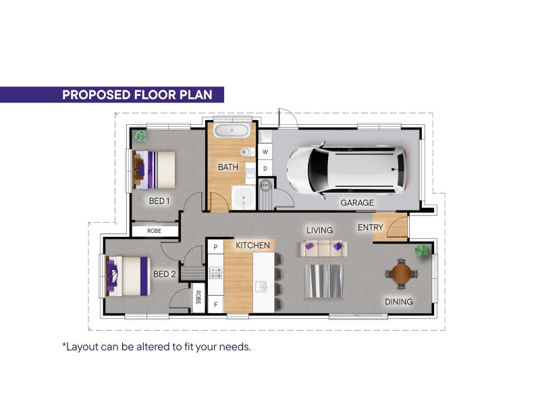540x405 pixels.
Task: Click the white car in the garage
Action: click(x=346, y=170)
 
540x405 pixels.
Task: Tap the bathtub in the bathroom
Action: click(x=232, y=131)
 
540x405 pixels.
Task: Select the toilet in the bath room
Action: click(x=247, y=151)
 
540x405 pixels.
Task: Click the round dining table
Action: click(x=401, y=273)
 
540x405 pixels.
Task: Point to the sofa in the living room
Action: click(x=323, y=248)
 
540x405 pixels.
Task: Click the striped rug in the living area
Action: click(x=324, y=281)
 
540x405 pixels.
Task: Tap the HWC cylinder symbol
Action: click(x=265, y=185)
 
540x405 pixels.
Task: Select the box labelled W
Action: click(x=265, y=152)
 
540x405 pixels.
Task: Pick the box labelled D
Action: click(x=265, y=168)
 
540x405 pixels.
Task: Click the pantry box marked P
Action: click(x=215, y=246)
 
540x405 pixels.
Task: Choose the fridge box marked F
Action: click(x=216, y=304)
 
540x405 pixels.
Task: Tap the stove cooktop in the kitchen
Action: click(x=215, y=273)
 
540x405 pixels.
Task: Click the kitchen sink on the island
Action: click(x=261, y=286)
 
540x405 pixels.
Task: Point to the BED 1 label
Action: click(x=159, y=200)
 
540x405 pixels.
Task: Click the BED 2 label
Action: click(x=164, y=274)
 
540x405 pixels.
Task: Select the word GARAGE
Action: click(x=357, y=202)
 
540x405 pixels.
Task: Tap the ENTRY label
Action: click(x=370, y=227)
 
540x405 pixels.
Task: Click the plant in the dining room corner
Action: click(x=422, y=251)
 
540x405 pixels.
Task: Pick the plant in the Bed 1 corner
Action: click(x=140, y=136)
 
